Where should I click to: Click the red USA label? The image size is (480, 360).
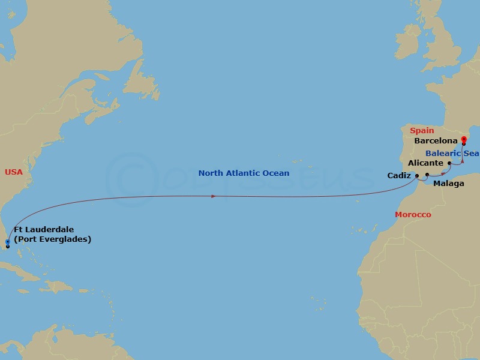tap(14, 172)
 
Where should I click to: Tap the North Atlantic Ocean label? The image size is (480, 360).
tap(244, 173)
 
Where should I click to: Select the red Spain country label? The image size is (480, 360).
tap(422, 130)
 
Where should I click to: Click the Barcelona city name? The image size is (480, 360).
tap(436, 142)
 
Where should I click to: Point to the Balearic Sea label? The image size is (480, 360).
tap(452, 153)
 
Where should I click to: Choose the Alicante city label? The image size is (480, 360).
tap(425, 163)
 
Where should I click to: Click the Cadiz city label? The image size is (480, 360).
tap(400, 176)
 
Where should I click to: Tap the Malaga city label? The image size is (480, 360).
tap(448, 184)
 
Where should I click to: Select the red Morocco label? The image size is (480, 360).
tap(413, 214)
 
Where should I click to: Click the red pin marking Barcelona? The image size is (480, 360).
tap(464, 140)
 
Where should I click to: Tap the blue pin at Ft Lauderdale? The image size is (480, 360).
tap(7, 242)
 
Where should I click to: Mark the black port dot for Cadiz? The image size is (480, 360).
tap(417, 176)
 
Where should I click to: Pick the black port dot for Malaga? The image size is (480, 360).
tap(427, 175)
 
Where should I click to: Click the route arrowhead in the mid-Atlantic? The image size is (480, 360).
tap(215, 196)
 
